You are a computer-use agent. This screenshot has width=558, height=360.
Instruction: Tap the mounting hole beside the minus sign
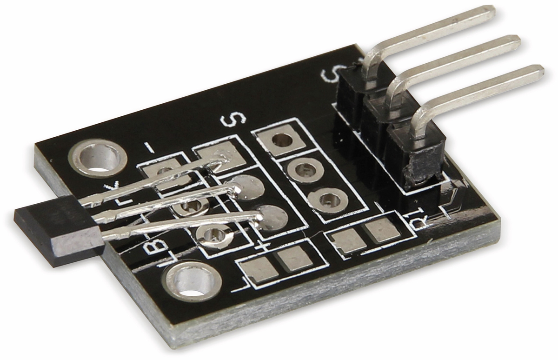click(98, 158)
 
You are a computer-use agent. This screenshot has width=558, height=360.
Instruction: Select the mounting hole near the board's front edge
click(192, 282)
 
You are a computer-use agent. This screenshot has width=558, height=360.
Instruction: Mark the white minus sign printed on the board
click(149, 148)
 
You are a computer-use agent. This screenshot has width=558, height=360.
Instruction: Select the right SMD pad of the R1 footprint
click(381, 230)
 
